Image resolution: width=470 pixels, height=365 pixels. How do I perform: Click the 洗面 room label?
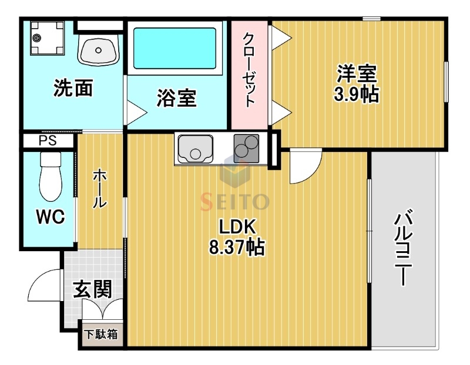click(x=73, y=88)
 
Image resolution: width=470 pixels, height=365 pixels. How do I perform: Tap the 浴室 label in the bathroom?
click(x=177, y=98)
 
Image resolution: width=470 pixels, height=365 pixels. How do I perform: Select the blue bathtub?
click(x=174, y=48)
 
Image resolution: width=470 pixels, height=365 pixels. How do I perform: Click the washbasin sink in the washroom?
click(x=98, y=50)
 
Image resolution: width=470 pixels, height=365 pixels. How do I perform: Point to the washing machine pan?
click(x=47, y=38)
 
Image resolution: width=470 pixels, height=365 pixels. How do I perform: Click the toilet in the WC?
click(x=51, y=177)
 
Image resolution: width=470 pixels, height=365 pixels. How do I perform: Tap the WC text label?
click(x=51, y=216)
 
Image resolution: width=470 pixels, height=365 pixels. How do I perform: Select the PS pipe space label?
click(x=48, y=141)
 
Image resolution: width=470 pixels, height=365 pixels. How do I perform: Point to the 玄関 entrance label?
click(x=93, y=289)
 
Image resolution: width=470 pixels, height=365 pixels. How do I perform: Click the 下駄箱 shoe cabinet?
click(x=101, y=334)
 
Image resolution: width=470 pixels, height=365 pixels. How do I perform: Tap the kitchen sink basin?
click(x=196, y=149)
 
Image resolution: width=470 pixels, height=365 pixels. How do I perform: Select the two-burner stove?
click(x=246, y=148)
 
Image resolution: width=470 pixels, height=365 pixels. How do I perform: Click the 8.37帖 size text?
click(x=237, y=247)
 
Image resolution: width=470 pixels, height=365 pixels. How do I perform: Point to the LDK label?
click(x=237, y=227)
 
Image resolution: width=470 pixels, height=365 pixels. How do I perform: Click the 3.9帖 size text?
click(x=356, y=94)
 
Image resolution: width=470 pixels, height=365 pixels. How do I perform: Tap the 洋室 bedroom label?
click(x=357, y=74)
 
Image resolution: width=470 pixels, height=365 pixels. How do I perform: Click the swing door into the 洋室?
click(x=305, y=167)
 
